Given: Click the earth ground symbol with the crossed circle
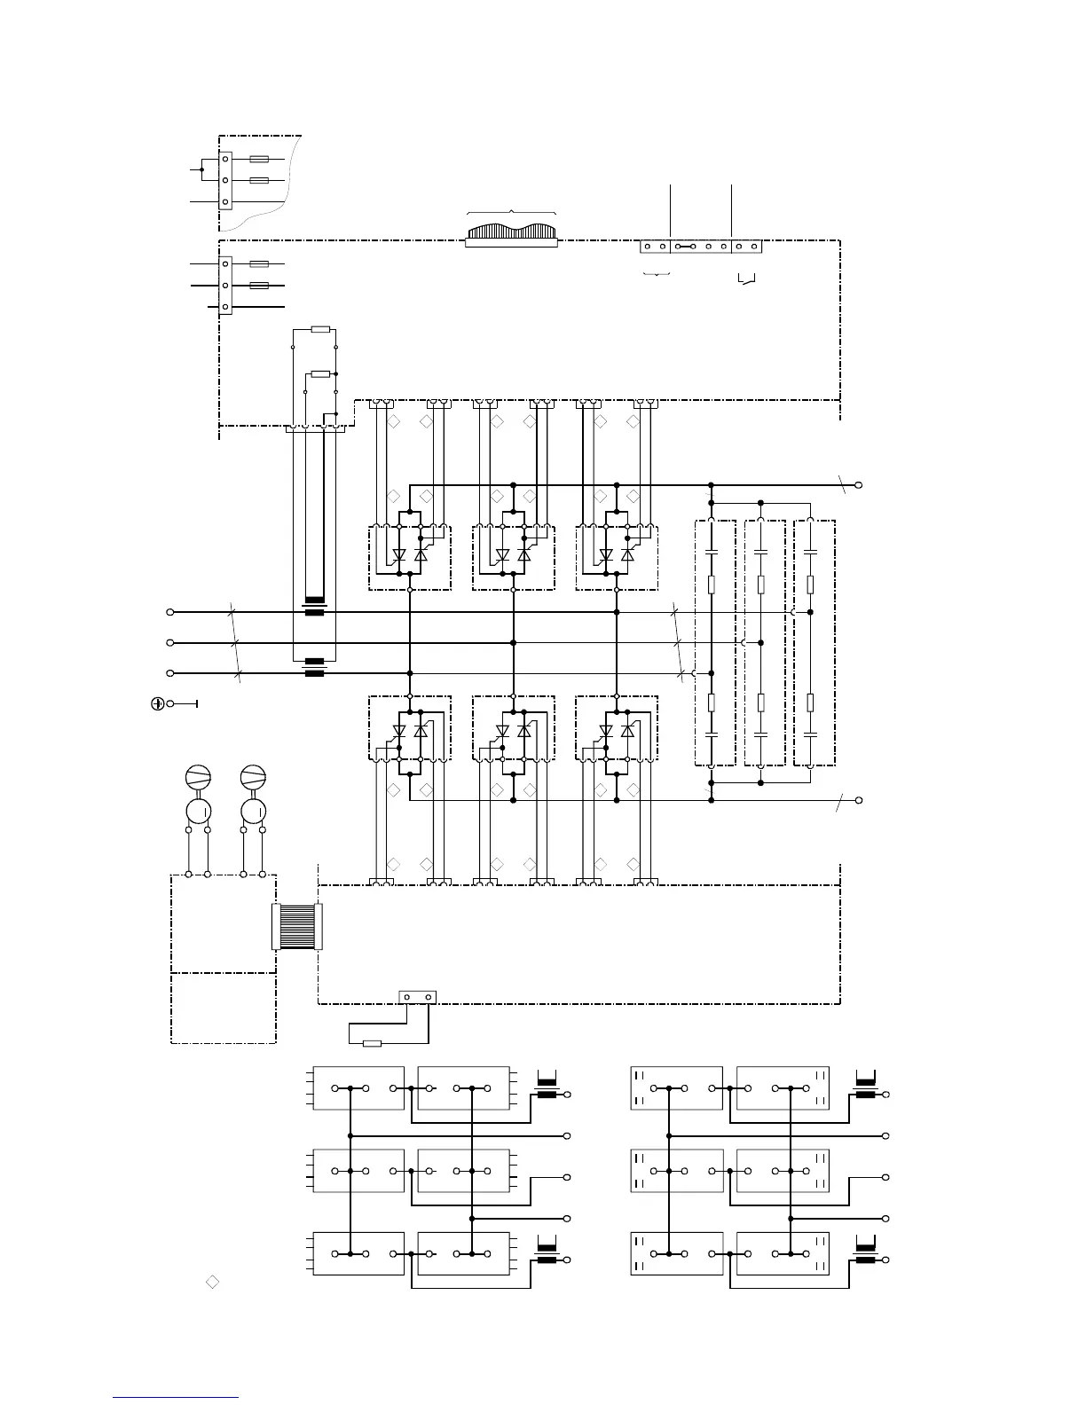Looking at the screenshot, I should tap(156, 703).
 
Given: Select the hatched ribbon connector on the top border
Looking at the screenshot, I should tap(511, 232).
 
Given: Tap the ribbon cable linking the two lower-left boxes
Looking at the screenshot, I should tap(296, 926).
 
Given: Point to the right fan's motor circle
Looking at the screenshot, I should tap(254, 811).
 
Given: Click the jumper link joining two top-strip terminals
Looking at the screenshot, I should tap(685, 247).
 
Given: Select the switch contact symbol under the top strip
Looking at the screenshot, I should tap(747, 281).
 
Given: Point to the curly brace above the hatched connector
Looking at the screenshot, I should tap(511, 211).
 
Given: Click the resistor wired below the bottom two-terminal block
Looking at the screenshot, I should tap(373, 1043).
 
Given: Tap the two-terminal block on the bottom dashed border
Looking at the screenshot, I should tap(417, 997).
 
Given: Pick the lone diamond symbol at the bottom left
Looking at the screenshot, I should tap(212, 1281).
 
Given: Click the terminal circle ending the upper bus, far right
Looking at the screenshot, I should tap(858, 485).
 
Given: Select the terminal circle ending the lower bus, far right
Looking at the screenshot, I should tap(858, 800).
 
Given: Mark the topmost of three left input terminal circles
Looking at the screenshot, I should tap(170, 612).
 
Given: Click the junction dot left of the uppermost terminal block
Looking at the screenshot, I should tap(202, 169).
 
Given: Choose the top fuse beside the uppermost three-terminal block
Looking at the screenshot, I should tap(259, 160).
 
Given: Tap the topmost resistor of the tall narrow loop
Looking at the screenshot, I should tap(320, 329).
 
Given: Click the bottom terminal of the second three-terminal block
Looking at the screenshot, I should tap(225, 307).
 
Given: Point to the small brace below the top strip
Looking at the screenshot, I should tap(656, 276).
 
